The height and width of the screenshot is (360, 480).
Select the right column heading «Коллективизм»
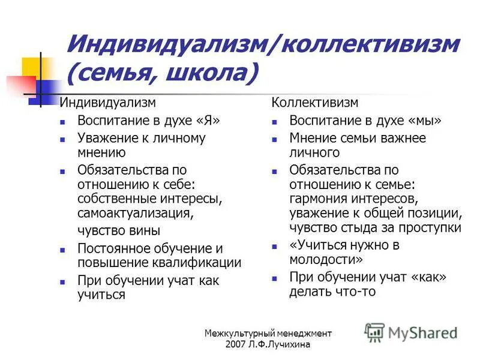(x=315, y=103)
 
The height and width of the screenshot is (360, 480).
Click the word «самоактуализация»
(x=143, y=213)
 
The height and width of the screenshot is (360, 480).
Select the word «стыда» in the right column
(x=359, y=227)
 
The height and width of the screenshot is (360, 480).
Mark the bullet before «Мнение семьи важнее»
(x=274, y=139)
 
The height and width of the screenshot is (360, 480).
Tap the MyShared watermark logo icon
(x=375, y=332)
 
